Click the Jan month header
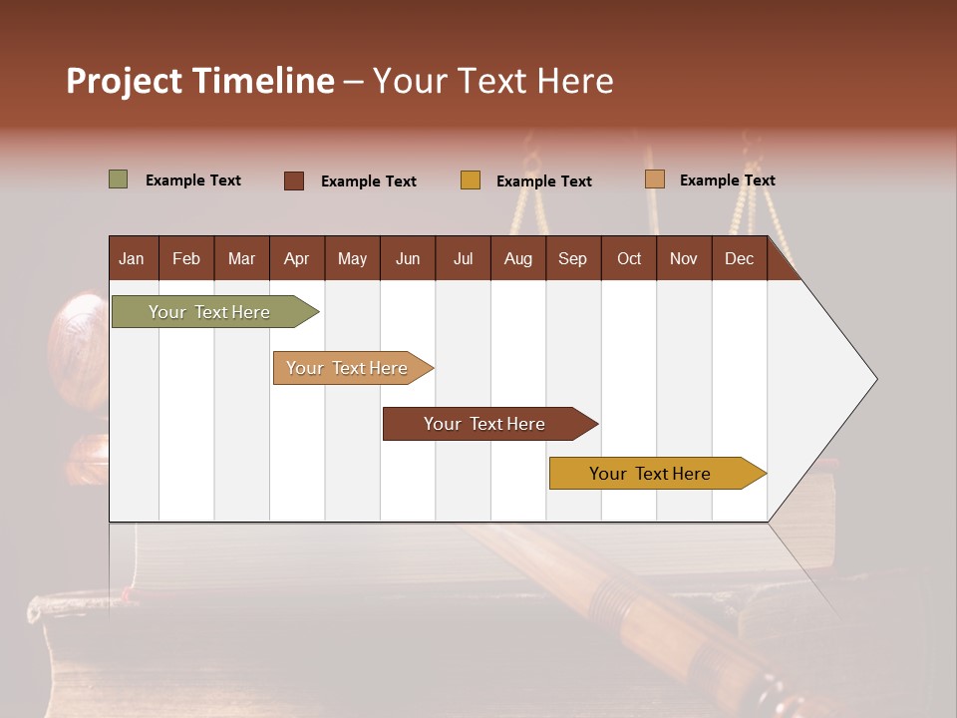click(x=132, y=258)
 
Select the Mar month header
click(x=241, y=258)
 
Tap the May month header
click(x=352, y=258)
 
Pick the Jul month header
click(x=463, y=258)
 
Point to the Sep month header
click(x=572, y=258)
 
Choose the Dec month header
click(x=739, y=258)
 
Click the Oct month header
click(x=629, y=258)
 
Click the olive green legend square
click(x=119, y=179)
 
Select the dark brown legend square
click(x=294, y=180)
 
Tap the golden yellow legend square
click(x=471, y=180)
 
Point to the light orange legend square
click(x=655, y=179)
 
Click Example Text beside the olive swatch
click(x=193, y=180)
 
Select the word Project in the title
click(x=125, y=81)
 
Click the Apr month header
click(x=296, y=258)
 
